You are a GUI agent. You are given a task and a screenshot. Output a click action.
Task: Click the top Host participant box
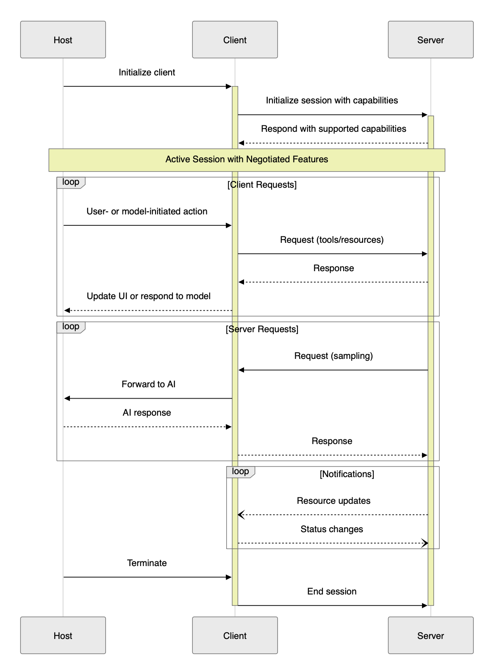63,40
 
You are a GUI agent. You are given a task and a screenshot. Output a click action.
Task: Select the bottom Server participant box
430,635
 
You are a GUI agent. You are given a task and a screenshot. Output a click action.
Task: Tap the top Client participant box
235,40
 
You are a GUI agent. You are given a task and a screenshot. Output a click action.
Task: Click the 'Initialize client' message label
147,72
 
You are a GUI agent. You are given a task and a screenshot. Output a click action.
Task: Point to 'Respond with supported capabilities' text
333,129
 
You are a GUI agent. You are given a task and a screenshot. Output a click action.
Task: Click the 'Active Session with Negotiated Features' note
247,160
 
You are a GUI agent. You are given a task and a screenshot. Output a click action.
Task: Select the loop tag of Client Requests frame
71,182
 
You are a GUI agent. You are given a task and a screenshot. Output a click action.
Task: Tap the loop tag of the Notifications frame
240,472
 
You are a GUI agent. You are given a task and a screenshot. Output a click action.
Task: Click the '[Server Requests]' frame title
262,329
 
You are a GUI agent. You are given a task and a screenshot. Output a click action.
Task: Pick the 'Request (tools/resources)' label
332,240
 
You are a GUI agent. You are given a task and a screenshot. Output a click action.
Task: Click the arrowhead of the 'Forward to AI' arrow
67,398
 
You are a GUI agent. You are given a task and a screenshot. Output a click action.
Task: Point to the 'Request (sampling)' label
333,356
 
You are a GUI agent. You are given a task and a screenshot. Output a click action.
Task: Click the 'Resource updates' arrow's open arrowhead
241,515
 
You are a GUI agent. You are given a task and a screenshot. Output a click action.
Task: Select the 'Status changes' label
332,529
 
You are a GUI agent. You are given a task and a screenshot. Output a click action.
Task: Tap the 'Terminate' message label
147,563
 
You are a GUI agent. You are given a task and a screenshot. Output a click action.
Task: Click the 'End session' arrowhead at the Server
425,605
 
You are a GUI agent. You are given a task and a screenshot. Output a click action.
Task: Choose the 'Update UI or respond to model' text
148,296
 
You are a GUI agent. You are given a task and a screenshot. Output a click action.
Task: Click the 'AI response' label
147,413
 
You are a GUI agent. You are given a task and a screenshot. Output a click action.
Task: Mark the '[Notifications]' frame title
347,474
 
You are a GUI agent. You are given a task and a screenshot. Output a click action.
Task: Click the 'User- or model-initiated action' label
147,211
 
